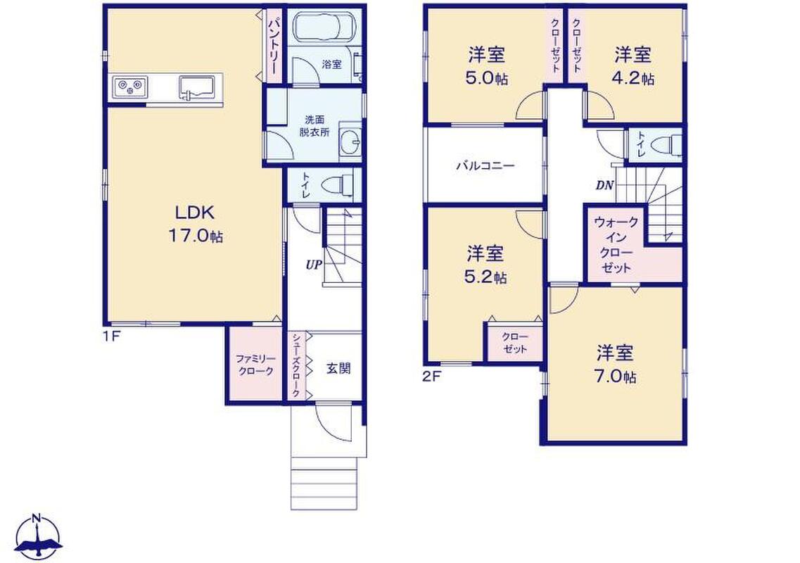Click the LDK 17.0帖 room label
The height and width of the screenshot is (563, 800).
click(196, 224)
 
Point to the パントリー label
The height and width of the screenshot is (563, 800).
click(274, 46)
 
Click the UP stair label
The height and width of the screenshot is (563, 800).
click(314, 265)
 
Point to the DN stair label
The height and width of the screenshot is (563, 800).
click(604, 186)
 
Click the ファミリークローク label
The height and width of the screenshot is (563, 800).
click(255, 365)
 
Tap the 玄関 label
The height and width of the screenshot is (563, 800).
click(338, 369)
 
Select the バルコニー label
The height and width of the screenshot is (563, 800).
click(485, 166)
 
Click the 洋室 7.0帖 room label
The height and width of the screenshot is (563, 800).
click(616, 365)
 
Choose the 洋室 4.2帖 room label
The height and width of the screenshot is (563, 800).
click(633, 66)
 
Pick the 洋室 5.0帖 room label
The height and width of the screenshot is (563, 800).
click(487, 66)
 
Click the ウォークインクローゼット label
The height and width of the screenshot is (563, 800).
click(616, 245)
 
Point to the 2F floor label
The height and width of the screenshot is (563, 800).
click(431, 377)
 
